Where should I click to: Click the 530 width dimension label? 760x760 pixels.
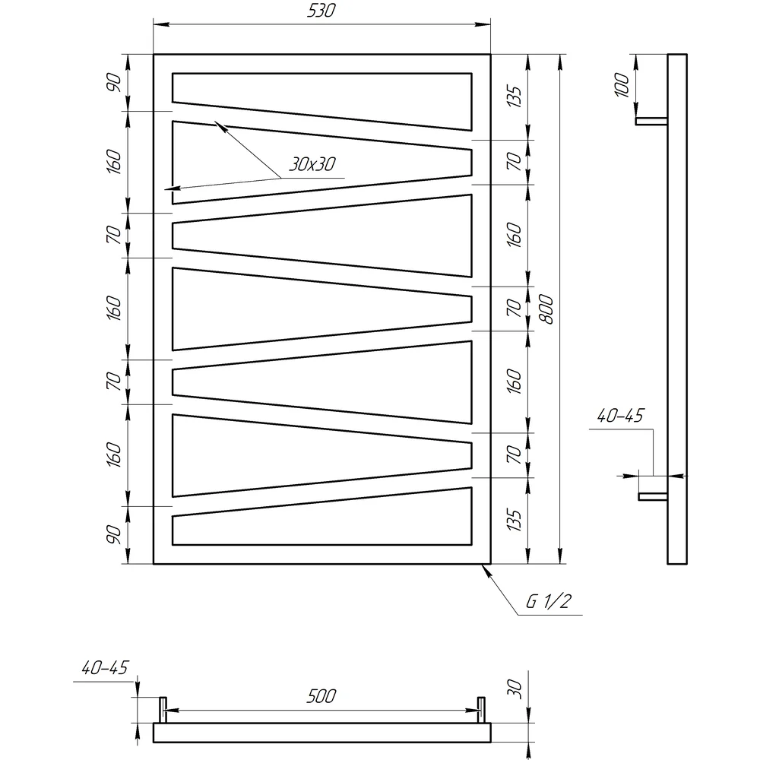click(x=321, y=11)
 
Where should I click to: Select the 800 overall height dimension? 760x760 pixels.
click(x=546, y=309)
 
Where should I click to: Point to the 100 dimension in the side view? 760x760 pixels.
click(x=622, y=85)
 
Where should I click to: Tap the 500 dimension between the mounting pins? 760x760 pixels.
click(x=321, y=696)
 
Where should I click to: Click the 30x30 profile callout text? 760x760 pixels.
click(x=312, y=164)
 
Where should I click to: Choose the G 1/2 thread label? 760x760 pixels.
click(x=549, y=601)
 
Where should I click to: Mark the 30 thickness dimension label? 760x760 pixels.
click(x=515, y=689)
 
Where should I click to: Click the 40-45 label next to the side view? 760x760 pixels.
click(x=620, y=416)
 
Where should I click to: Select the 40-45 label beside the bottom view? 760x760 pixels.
click(x=105, y=668)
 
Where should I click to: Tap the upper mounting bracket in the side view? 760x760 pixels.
click(x=652, y=121)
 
